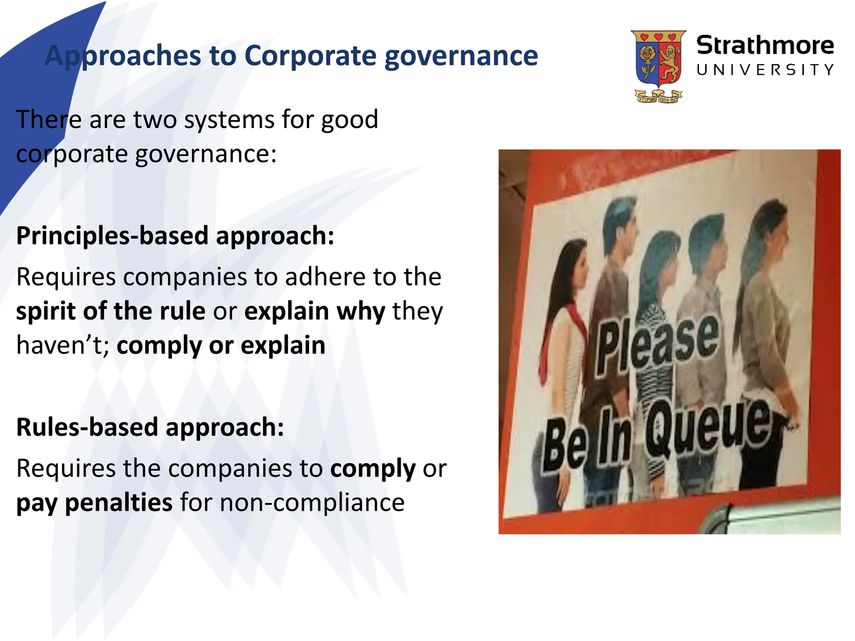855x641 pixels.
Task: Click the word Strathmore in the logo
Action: click(x=765, y=45)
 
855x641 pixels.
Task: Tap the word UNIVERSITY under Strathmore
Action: click(x=765, y=70)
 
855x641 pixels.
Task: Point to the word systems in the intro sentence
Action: click(x=229, y=120)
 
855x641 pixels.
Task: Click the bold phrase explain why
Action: click(x=314, y=312)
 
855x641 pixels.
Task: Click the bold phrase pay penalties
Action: click(x=94, y=502)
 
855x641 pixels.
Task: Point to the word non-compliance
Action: click(x=312, y=502)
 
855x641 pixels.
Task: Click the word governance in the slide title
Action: click(x=461, y=56)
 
